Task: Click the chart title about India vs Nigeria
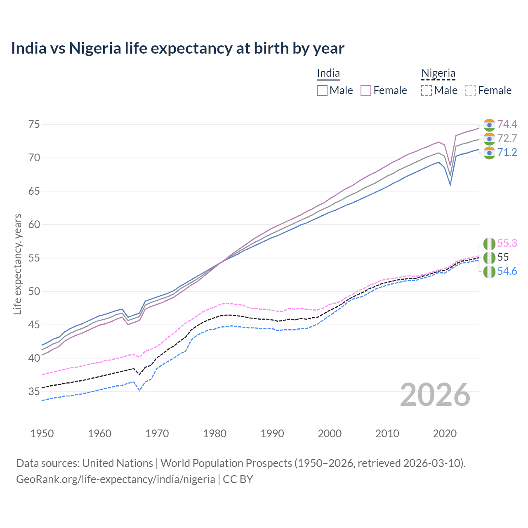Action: (177, 48)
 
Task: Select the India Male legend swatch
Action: (322, 90)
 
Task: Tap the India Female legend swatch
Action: (366, 90)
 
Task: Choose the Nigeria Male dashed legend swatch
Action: (427, 90)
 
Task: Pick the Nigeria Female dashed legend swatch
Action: (470, 90)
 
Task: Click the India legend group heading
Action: (328, 73)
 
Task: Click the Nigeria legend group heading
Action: (438, 73)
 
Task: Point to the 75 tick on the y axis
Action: (34, 124)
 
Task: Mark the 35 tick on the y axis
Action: (34, 391)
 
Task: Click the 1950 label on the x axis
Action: (42, 434)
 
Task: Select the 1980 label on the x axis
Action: (214, 434)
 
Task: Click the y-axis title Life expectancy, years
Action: (17, 264)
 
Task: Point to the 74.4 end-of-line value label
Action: (507, 124)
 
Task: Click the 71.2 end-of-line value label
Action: (507, 152)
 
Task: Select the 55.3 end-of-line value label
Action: (507, 243)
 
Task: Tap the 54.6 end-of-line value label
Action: (507, 271)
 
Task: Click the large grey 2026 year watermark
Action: (435, 395)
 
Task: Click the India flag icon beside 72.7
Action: (489, 139)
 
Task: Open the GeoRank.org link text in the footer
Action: (115, 479)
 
